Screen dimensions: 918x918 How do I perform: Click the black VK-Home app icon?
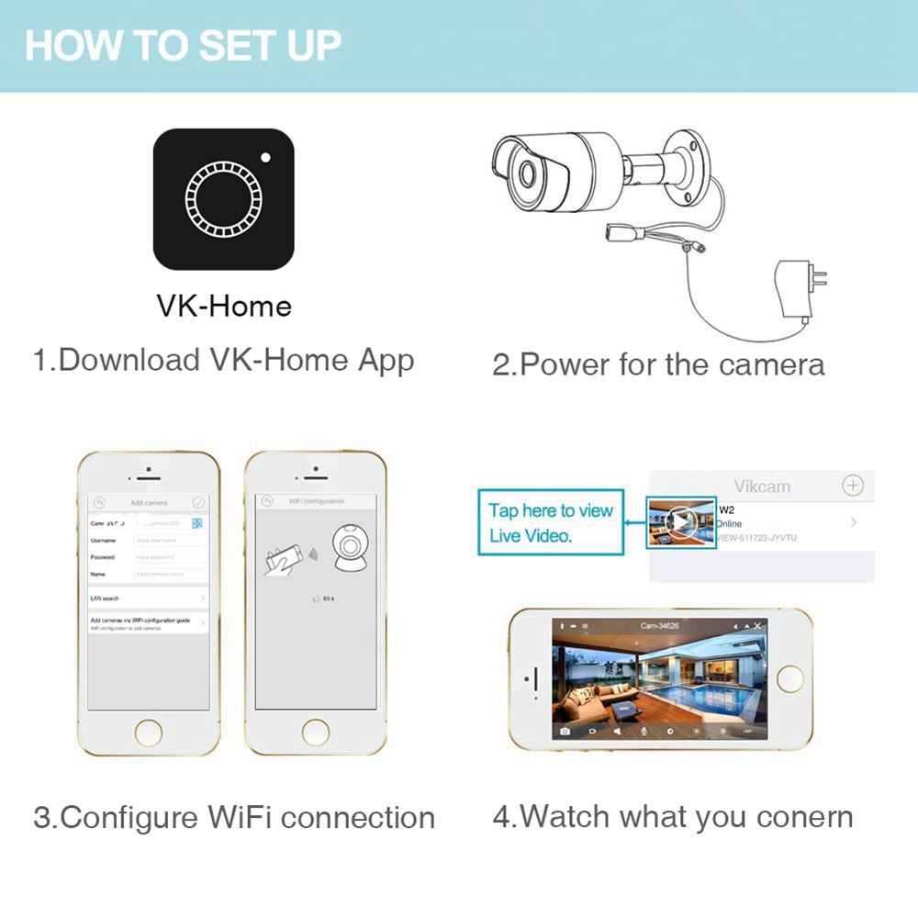click(x=223, y=198)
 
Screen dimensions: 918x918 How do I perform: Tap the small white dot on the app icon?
click(x=266, y=157)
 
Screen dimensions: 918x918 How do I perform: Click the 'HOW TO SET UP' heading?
click(x=183, y=45)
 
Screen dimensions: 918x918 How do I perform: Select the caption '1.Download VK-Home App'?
click(x=224, y=359)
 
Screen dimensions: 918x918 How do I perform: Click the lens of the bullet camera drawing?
click(x=528, y=174)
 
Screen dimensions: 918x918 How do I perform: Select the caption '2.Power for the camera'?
click(x=658, y=364)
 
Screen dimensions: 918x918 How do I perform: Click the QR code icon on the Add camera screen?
click(x=197, y=523)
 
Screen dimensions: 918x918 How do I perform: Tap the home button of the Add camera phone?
click(x=149, y=732)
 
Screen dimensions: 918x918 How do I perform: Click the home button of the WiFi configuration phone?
click(x=315, y=732)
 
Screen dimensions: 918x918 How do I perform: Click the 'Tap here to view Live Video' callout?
click(x=550, y=522)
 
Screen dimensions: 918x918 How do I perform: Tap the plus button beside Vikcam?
click(x=853, y=486)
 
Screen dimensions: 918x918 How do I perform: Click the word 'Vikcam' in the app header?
click(x=762, y=487)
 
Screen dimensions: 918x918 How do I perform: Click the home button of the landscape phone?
click(x=789, y=678)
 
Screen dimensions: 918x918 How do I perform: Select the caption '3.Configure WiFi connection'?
click(x=234, y=817)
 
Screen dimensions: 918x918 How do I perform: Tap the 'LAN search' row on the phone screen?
click(x=142, y=598)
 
